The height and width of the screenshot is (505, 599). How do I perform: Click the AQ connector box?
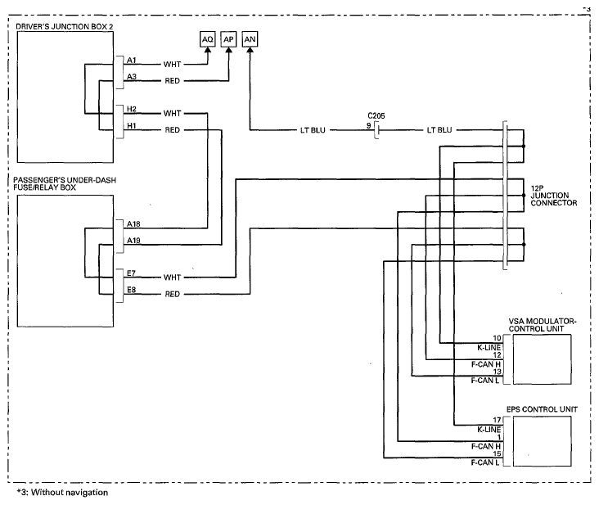pos(207,39)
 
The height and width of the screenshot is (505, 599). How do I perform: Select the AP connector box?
pos(228,39)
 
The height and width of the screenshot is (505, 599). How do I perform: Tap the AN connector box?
pos(250,39)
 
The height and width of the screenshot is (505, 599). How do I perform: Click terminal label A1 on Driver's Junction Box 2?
pos(132,61)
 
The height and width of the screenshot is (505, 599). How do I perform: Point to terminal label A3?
pos(132,77)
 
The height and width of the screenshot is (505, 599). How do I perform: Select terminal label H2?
pos(132,109)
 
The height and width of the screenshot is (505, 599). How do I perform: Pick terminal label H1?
pos(132,126)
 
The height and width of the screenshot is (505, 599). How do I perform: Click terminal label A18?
pos(133,223)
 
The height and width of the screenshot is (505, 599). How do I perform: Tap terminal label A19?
pos(133,241)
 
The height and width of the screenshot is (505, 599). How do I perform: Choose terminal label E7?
pos(131,273)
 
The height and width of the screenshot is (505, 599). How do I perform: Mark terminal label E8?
pos(131,290)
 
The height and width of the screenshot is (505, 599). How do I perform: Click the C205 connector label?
pos(376,115)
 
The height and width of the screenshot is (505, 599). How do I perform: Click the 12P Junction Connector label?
pos(553,196)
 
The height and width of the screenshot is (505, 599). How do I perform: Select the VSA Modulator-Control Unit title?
pos(542,325)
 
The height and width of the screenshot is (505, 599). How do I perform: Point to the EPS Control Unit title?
pos(542,409)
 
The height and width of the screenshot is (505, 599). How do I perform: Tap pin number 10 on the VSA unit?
pos(497,338)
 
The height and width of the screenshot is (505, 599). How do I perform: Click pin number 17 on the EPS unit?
pos(497,420)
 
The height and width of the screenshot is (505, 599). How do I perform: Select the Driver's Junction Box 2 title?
pos(65,27)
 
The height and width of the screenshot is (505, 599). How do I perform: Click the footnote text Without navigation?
pos(70,493)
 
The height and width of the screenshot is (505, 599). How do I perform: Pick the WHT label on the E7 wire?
pos(173,277)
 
